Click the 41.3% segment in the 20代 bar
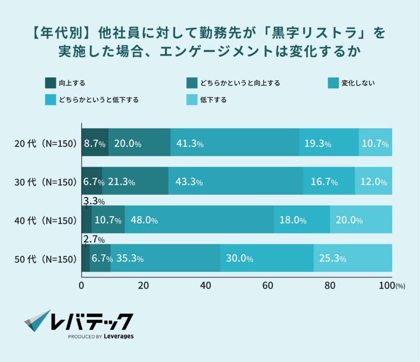pyautogui.click(x=234, y=142)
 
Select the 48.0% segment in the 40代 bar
pyautogui.click(x=199, y=219)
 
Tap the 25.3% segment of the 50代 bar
pyautogui.click(x=352, y=258)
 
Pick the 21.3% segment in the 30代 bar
pyautogui.click(x=135, y=181)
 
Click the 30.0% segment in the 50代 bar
pyautogui.click(x=267, y=258)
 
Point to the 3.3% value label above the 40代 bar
pyautogui.click(x=94, y=201)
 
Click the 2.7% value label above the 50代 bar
pyautogui.click(x=94, y=240)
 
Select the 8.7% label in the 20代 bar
pyautogui.click(x=95, y=144)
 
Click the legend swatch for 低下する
pyautogui.click(x=192, y=100)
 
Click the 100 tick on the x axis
pyautogui.click(x=386, y=286)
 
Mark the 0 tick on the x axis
pyautogui.click(x=81, y=286)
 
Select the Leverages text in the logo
pyautogui.click(x=118, y=336)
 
